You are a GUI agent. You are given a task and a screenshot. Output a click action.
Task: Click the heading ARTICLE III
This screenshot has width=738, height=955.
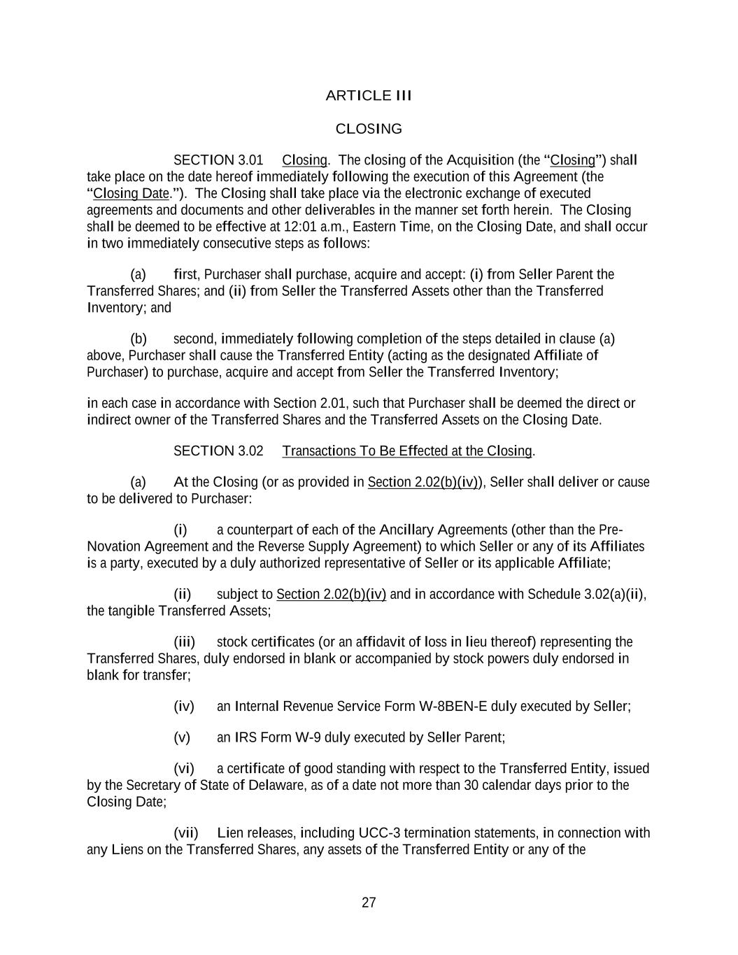(369, 95)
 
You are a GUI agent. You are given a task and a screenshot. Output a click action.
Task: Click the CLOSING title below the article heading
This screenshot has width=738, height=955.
(369, 129)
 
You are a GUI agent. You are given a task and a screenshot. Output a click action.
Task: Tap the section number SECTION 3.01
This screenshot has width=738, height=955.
(218, 160)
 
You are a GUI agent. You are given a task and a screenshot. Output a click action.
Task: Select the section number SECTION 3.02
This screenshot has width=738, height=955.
(218, 451)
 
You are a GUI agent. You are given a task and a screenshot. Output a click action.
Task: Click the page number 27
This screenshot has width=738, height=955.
(369, 903)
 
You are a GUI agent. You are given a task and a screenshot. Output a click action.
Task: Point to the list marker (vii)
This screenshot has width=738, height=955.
(186, 833)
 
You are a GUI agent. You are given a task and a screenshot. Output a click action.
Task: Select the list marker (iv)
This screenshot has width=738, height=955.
(184, 707)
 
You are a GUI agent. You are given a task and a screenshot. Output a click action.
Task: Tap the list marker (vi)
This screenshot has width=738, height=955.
(184, 769)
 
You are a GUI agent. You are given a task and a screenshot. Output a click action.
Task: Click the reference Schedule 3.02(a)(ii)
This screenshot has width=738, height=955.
(586, 595)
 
